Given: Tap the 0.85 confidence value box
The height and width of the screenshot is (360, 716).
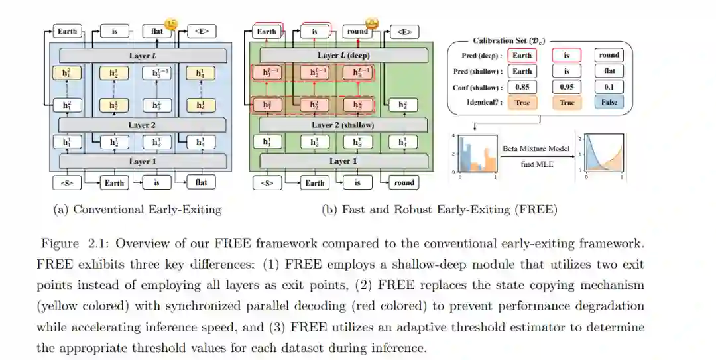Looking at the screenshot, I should pyautogui.click(x=522, y=87).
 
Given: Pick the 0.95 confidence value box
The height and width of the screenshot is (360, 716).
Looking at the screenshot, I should pyautogui.click(x=566, y=87).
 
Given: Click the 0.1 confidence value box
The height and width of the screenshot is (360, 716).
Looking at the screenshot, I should pyautogui.click(x=609, y=87).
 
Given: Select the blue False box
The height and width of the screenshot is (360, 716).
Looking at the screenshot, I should pyautogui.click(x=609, y=102).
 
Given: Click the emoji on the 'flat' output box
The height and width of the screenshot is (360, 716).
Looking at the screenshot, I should pyautogui.click(x=171, y=25).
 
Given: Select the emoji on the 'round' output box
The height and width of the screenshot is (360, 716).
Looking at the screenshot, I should pyautogui.click(x=372, y=25).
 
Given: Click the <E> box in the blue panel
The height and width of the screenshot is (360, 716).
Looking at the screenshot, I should pyautogui.click(x=202, y=31).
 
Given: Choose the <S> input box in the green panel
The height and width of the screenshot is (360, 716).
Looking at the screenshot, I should pyautogui.click(x=267, y=182).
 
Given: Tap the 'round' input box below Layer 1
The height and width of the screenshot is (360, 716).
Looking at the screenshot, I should pyautogui.click(x=403, y=182).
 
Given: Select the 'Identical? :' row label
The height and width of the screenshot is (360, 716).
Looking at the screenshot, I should pyautogui.click(x=481, y=102).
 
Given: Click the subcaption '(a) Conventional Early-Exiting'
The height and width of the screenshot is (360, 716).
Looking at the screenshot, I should pyautogui.click(x=137, y=210).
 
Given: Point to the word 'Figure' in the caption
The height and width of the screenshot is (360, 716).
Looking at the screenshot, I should pyautogui.click(x=59, y=243).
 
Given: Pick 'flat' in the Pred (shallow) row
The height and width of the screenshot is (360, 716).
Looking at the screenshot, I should pyautogui.click(x=609, y=71).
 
